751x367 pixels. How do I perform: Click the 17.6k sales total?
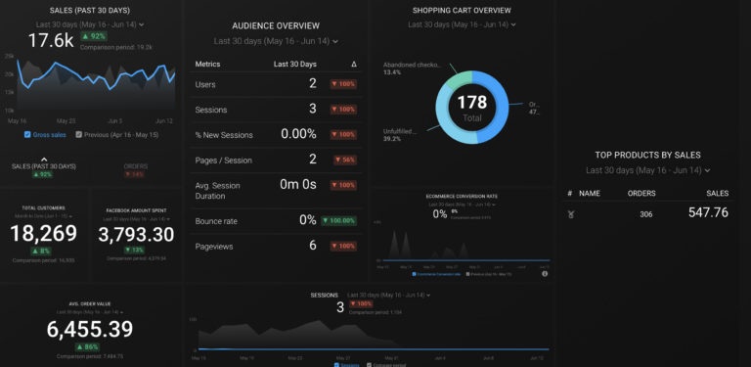pos(51,40)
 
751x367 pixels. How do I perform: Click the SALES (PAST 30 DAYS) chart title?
pos(91,10)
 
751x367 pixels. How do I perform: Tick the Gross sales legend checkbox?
pos(28,135)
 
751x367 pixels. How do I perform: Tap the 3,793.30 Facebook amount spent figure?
pos(136,235)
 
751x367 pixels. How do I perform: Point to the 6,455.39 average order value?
pos(90,330)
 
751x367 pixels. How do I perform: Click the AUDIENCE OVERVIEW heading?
pos(275,24)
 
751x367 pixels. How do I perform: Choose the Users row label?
pos(205,84)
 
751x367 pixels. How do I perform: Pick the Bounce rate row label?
pos(215,221)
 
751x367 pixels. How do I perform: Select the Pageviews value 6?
pos(312,246)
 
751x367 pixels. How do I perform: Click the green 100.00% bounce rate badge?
pos(339,221)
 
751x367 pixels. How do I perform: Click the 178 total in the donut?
pos(472,102)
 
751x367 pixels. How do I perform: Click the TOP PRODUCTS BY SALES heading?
pos(647,155)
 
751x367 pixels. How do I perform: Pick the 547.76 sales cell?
pos(708,212)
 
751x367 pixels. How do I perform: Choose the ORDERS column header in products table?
pos(641,194)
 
